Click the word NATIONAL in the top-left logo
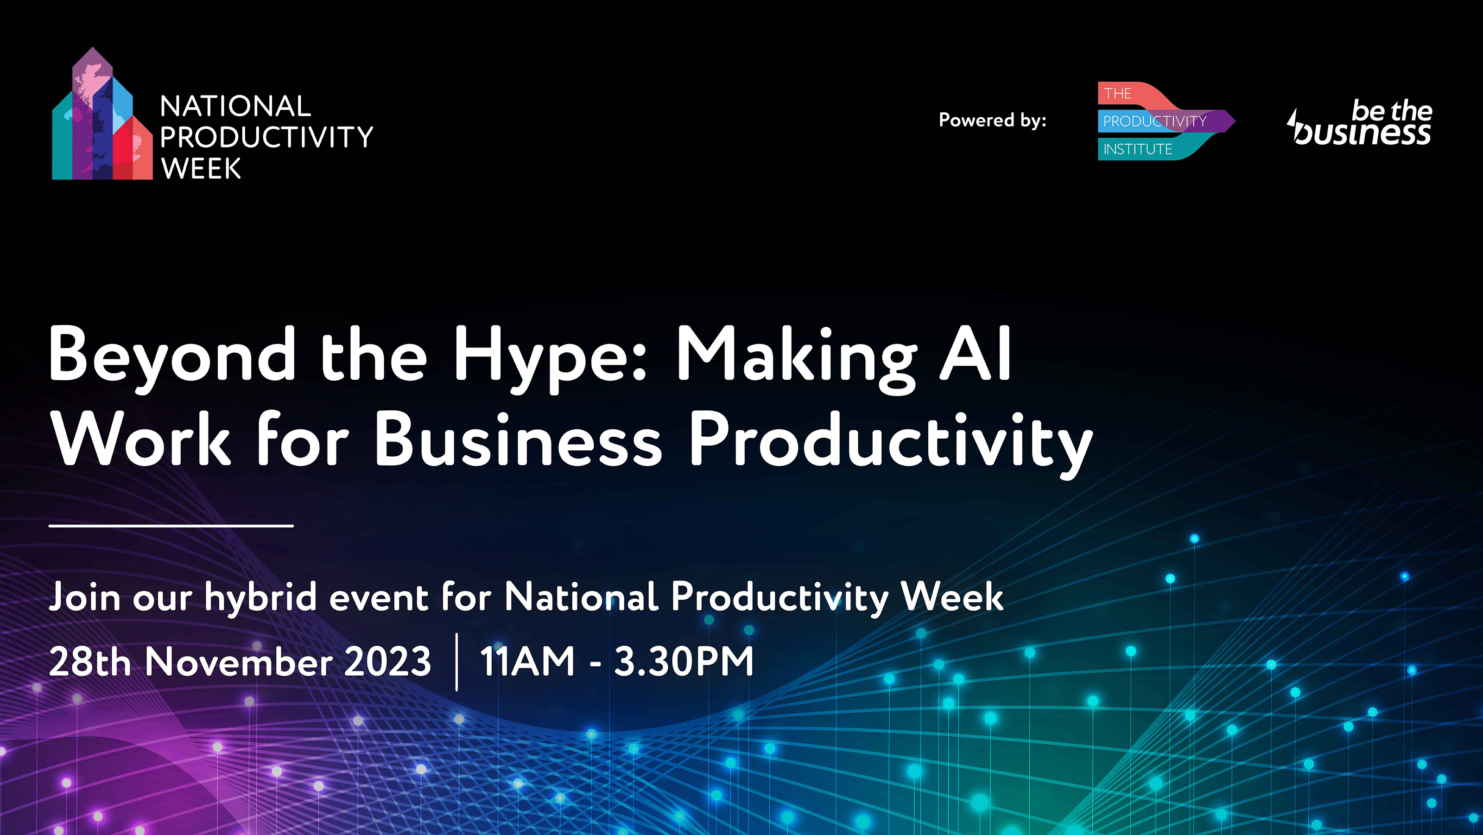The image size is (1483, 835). point(235,107)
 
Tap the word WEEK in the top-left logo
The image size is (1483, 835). point(201,169)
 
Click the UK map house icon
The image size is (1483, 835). point(102,114)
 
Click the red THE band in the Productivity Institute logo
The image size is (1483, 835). point(1128,94)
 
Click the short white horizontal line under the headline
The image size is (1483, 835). point(171,526)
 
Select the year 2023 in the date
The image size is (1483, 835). point(387,662)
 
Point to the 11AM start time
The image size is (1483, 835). point(527,661)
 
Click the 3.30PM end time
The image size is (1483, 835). point(684,661)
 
